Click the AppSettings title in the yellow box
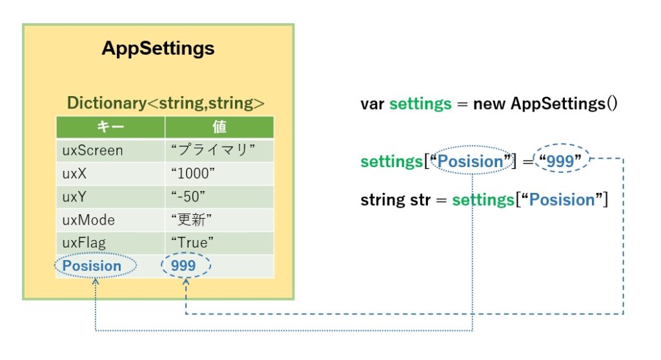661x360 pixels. [x=158, y=48]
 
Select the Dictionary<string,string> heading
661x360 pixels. [x=166, y=103]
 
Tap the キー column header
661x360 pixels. [x=110, y=127]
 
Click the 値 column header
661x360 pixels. [x=219, y=127]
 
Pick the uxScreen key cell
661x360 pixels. [x=110, y=150]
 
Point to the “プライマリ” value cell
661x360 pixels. [x=219, y=150]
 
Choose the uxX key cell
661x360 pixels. [x=110, y=174]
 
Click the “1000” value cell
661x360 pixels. [x=219, y=174]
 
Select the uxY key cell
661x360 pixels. [x=110, y=197]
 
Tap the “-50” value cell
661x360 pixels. [x=219, y=197]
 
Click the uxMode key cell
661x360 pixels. [x=110, y=220]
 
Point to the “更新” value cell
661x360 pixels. [x=219, y=220]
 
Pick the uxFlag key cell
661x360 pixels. [x=110, y=243]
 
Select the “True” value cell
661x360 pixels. [x=219, y=243]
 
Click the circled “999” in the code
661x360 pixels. [x=561, y=160]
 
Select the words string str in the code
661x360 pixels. [x=396, y=200]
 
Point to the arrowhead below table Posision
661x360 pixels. [x=96, y=281]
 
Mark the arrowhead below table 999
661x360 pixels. [x=186, y=281]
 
